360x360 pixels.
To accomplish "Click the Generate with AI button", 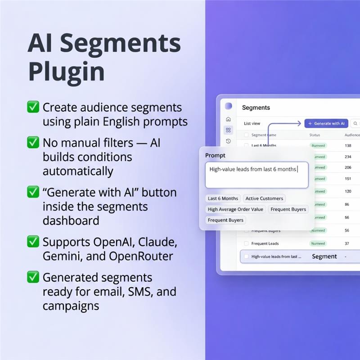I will pos(327,123).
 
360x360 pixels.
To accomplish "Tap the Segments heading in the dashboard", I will pos(256,108).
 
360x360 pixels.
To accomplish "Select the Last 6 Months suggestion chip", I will pos(223,198).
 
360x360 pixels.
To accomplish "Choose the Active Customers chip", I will pos(264,198).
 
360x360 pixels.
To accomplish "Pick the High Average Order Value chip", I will pos(235,209).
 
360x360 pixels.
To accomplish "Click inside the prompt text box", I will pos(256,175).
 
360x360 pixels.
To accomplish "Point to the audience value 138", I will pos(348,146).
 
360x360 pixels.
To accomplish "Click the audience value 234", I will pos(348,157).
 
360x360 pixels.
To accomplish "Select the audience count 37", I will pos(347,243).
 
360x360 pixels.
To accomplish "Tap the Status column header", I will pos(315,135).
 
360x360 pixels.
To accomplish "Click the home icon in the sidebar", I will pos(229,119).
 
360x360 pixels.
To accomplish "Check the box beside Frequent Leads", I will pos(246,243).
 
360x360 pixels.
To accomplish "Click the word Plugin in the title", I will pos(66,71).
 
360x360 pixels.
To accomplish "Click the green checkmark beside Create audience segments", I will pos(33,107).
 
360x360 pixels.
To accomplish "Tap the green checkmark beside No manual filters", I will pos(33,143).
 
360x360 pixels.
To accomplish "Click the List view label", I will pos(252,123).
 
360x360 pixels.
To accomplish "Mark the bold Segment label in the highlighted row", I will pos(324,256).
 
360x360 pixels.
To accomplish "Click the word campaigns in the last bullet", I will pos(71,306).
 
